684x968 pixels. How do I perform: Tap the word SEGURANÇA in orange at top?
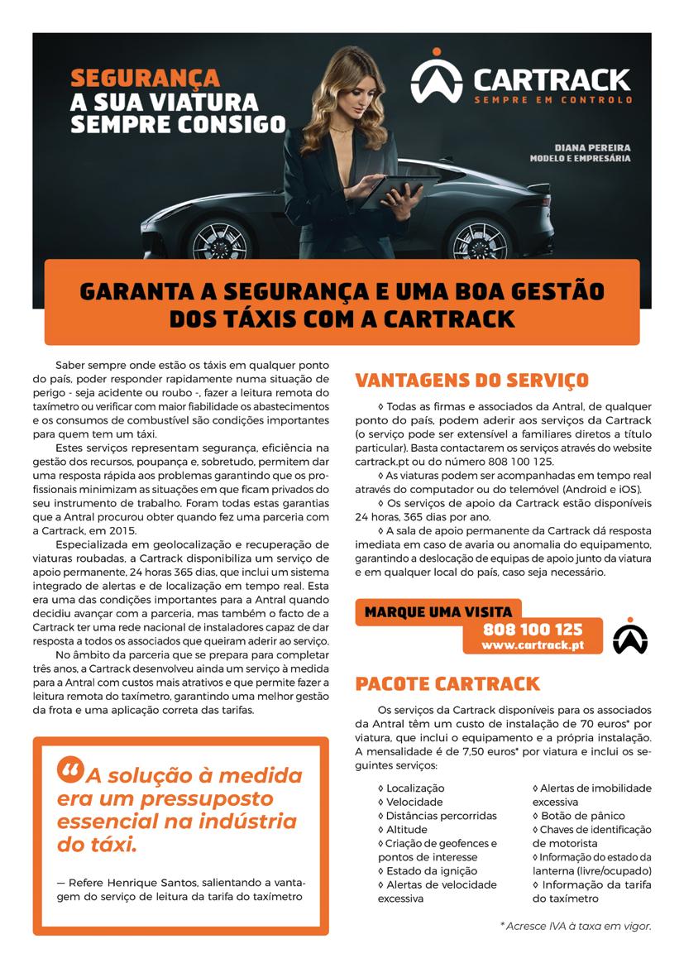(x=145, y=79)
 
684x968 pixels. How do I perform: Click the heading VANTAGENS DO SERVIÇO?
(x=471, y=381)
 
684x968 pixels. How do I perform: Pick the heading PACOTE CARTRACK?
(x=447, y=684)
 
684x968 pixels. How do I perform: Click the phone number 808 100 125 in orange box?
(x=533, y=630)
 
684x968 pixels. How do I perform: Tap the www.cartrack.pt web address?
(x=533, y=645)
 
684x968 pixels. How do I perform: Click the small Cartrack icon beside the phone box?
(x=631, y=636)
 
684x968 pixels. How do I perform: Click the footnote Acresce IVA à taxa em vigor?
(x=576, y=927)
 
